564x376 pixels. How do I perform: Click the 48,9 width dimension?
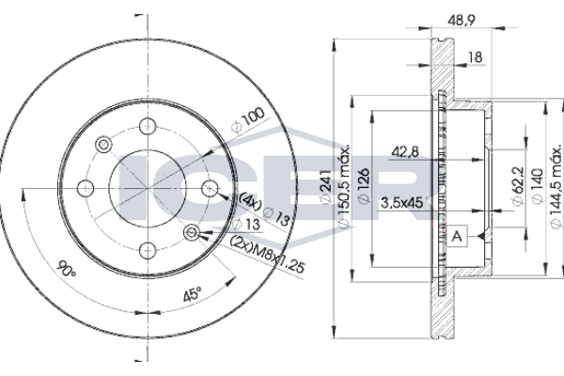pos(462,21)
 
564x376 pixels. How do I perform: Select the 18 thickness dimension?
pos(475,57)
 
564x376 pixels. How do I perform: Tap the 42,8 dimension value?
pos(405,152)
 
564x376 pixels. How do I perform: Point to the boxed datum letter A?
pos(457,236)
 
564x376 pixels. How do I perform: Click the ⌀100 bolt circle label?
pos(247,119)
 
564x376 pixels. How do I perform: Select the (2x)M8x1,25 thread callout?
pos(268,255)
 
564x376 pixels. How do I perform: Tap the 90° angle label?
pos(68,268)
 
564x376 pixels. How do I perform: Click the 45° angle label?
pos(192,294)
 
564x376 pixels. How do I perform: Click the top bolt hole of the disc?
pos(148,126)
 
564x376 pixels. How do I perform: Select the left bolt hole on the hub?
pos(86,188)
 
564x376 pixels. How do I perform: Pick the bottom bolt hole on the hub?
pos(148,250)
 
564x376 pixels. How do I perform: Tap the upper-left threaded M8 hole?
pos(103,144)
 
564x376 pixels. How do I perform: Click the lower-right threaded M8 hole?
pos(192,232)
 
